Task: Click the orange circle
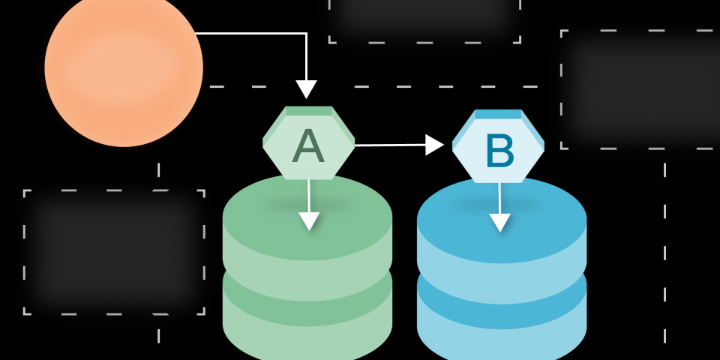(x=124, y=67)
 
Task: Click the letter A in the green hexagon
(x=308, y=145)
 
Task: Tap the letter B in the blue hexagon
(x=499, y=151)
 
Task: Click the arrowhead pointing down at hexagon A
(x=306, y=89)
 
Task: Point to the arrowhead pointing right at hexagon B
(x=435, y=145)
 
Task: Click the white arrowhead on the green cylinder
(x=309, y=220)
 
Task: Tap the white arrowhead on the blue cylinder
(x=500, y=222)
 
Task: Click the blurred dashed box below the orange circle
(x=114, y=251)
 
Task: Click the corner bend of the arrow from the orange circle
(x=306, y=34)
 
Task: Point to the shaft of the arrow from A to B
(x=390, y=145)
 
